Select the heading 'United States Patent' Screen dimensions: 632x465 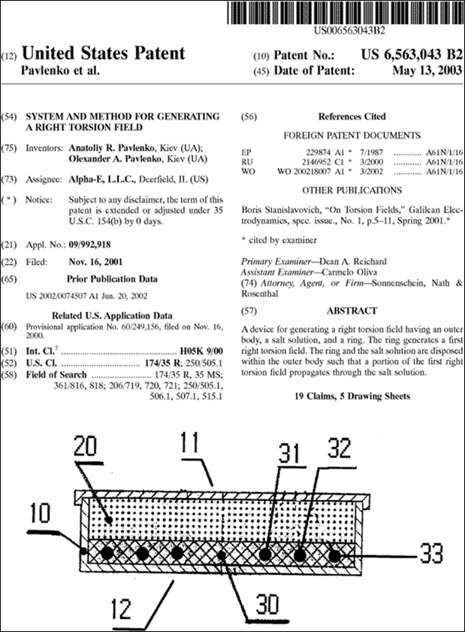pyautogui.click(x=104, y=53)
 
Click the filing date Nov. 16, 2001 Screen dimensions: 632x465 pyautogui.click(x=93, y=260)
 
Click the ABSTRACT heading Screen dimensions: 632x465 pyautogui.click(x=352, y=311)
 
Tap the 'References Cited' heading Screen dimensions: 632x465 pyautogui.click(x=352, y=117)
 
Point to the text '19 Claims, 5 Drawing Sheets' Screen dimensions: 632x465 pyautogui.click(x=352, y=396)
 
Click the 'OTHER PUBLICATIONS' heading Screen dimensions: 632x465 pyautogui.click(x=352, y=190)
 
